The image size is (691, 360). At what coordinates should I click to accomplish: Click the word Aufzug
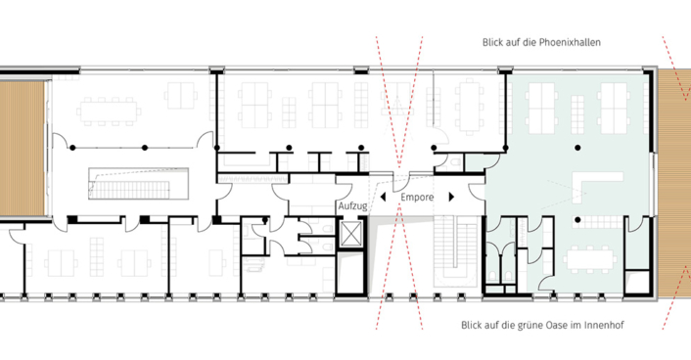pyautogui.click(x=352, y=207)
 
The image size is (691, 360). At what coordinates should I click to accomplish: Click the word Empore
pyautogui.click(x=417, y=198)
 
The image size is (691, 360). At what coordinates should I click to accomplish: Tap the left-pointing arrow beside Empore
pyautogui.click(x=384, y=198)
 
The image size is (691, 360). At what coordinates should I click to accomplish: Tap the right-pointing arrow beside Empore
pyautogui.click(x=451, y=198)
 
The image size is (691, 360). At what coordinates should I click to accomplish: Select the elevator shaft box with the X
pyautogui.click(x=349, y=235)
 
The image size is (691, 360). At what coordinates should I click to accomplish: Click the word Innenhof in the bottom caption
pyautogui.click(x=605, y=325)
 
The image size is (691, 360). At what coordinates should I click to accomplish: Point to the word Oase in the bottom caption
pyautogui.click(x=564, y=325)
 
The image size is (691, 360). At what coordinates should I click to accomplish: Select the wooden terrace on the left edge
pyautogui.click(x=22, y=147)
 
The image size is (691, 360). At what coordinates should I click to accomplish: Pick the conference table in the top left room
pyautogui.click(x=107, y=110)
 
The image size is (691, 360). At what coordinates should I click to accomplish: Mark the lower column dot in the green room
pyautogui.click(x=577, y=219)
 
